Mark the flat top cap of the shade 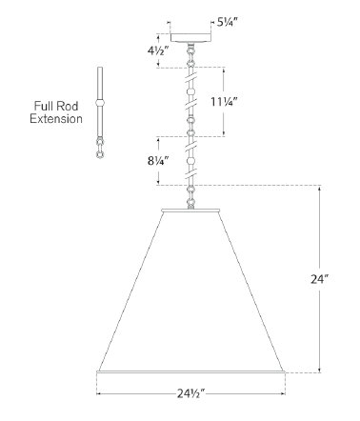(191, 206)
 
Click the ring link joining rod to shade (191, 195)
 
